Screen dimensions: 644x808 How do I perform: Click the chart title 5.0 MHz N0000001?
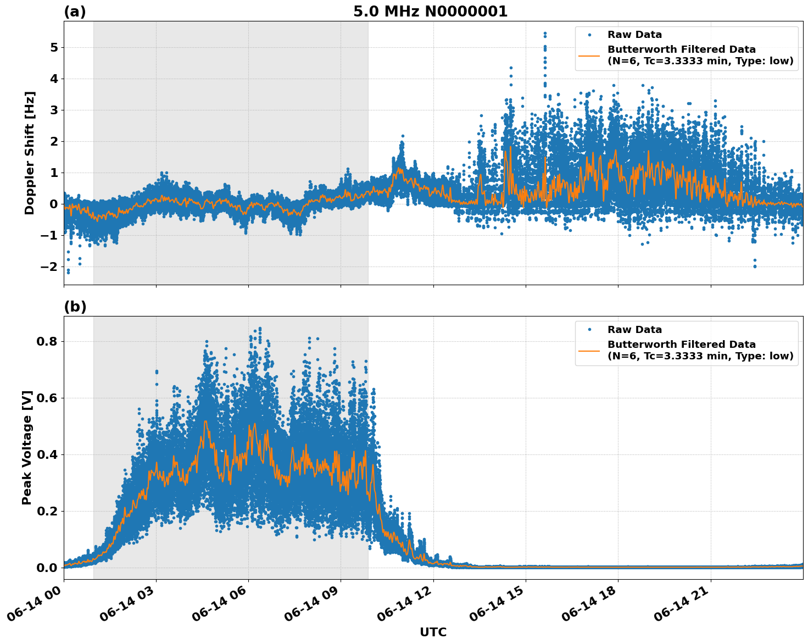pyautogui.click(x=430, y=12)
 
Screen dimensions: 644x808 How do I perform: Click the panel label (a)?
pyautogui.click(x=75, y=12)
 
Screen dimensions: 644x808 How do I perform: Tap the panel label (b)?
pyautogui.click(x=75, y=307)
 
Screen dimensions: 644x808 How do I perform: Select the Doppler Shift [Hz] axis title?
pyautogui.click(x=30, y=153)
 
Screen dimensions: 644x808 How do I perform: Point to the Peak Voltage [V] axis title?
pyautogui.click(x=27, y=447)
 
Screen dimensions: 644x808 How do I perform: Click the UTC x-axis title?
pyautogui.click(x=433, y=632)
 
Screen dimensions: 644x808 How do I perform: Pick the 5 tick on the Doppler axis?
pyautogui.click(x=54, y=48)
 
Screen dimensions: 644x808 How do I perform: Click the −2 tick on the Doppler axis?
pyautogui.click(x=51, y=267)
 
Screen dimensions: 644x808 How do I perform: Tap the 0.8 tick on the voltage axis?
pyautogui.click(x=47, y=341)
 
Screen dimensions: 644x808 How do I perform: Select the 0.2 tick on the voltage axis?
pyautogui.click(x=47, y=511)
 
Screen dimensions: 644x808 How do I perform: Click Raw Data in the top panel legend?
pyautogui.click(x=634, y=35)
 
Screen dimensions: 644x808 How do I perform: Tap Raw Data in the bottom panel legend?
pyautogui.click(x=634, y=330)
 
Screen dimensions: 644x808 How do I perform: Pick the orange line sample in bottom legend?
pyautogui.click(x=589, y=351)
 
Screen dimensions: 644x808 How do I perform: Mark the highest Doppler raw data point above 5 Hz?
pyautogui.click(x=545, y=34)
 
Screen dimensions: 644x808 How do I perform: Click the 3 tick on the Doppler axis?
pyautogui.click(x=54, y=110)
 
